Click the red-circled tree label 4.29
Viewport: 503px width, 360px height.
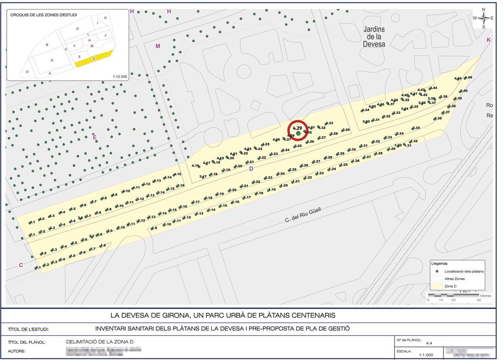tap(298, 128)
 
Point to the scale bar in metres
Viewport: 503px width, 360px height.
tap(453, 296)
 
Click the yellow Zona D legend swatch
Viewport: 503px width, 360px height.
tap(438, 286)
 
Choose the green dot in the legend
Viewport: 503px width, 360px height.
tap(438, 271)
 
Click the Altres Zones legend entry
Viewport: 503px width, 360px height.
tap(454, 279)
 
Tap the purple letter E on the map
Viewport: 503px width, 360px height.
tap(95, 137)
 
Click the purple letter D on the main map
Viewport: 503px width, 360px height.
tap(251, 169)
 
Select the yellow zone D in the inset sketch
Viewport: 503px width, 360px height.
tap(94, 59)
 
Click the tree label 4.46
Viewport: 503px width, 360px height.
tap(468, 78)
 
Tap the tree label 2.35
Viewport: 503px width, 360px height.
tap(416, 128)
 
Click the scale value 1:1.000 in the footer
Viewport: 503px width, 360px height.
tap(426, 355)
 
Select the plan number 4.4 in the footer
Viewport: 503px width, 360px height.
tap(428, 343)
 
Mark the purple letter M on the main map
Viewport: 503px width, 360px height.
tap(158, 46)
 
